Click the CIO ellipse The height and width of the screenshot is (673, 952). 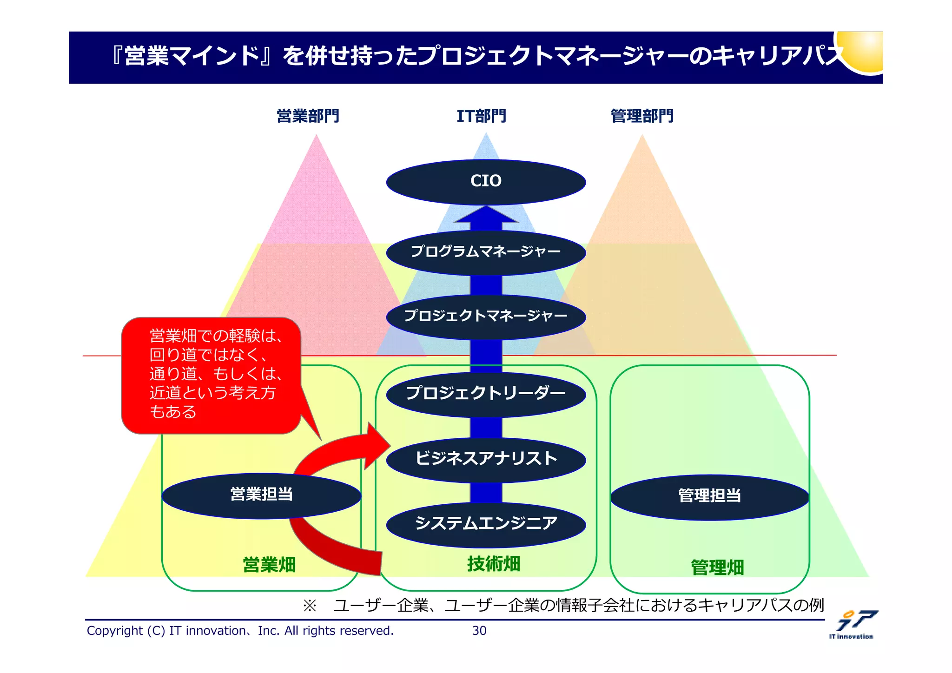click(x=486, y=182)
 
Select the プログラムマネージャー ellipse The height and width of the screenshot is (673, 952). click(x=486, y=252)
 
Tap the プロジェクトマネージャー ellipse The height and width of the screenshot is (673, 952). click(x=486, y=317)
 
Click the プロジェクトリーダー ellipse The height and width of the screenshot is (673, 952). click(x=486, y=394)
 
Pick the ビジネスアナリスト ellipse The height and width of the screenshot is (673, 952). click(x=486, y=459)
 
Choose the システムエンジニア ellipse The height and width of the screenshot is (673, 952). click(x=486, y=524)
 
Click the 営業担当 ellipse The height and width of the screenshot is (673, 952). click(x=261, y=495)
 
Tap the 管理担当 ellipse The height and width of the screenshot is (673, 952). click(x=709, y=496)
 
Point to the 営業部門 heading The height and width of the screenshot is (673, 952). click(x=308, y=116)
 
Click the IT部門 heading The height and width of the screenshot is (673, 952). click(x=481, y=116)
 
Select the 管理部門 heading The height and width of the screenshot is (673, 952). click(x=641, y=116)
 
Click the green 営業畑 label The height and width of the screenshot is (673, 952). click(x=269, y=565)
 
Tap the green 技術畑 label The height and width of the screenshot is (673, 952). click(x=494, y=564)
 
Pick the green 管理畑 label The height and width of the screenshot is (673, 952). click(x=717, y=567)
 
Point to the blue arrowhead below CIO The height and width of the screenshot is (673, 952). click(x=486, y=216)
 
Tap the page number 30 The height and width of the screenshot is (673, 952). click(x=479, y=631)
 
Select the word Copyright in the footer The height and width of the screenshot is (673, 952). click(x=115, y=631)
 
